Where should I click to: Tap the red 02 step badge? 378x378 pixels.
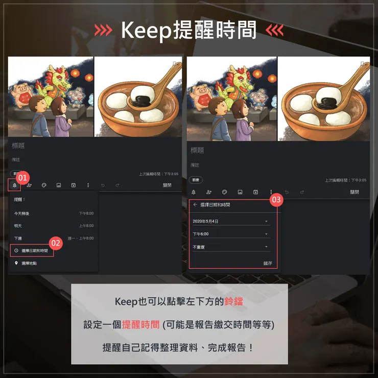[x=56, y=244]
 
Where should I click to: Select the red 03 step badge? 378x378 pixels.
[x=276, y=200]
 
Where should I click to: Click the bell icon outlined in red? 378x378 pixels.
[x=14, y=185]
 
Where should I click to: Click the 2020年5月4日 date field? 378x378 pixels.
[x=230, y=221]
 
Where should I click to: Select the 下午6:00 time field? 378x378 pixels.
[x=230, y=234]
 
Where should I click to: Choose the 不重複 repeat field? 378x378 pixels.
[x=230, y=247]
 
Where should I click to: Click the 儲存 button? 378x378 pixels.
[x=268, y=263]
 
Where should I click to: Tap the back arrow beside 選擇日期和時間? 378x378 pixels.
[x=195, y=204]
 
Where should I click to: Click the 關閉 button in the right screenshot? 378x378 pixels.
[x=355, y=192]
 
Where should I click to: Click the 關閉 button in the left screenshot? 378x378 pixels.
[x=167, y=185]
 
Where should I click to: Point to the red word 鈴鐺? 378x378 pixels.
[x=233, y=301]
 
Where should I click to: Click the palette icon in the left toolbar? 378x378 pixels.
[x=44, y=185]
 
